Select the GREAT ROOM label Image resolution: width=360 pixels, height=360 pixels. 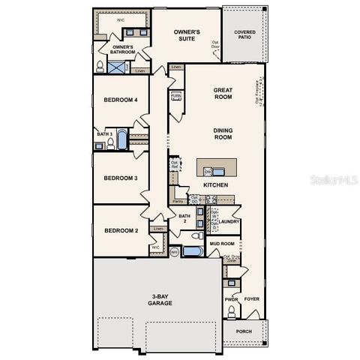[223, 92]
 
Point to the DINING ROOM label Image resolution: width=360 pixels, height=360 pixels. [223, 133]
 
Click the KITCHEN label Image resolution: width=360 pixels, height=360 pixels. [215, 185]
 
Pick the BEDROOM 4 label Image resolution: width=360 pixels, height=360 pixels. [120, 100]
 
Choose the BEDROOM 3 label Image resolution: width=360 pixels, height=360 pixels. [120, 178]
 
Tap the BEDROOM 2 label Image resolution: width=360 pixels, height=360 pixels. [120, 230]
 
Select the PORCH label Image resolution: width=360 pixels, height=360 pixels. [244, 331]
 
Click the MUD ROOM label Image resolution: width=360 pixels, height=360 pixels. [222, 244]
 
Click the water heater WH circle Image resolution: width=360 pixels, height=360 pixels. [174, 252]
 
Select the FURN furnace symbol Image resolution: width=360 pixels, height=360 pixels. [175, 97]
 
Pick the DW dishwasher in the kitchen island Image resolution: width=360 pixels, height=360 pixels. [207, 172]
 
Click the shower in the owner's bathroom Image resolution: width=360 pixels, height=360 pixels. [117, 67]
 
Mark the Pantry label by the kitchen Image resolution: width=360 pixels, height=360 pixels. [178, 202]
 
